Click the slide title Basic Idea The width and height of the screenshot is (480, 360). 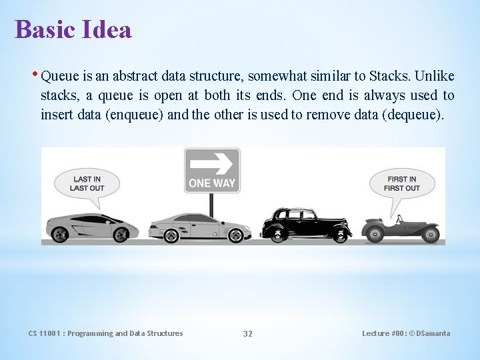tap(73, 30)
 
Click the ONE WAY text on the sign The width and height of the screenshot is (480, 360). tap(212, 182)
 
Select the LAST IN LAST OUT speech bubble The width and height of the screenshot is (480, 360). tap(88, 183)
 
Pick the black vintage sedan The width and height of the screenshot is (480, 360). tap(305, 225)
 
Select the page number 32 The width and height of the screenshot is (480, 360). tap(247, 333)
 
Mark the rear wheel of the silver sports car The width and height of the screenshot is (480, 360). tap(61, 234)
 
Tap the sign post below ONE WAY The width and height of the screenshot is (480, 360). tap(211, 204)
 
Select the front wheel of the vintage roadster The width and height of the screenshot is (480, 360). tap(431, 235)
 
